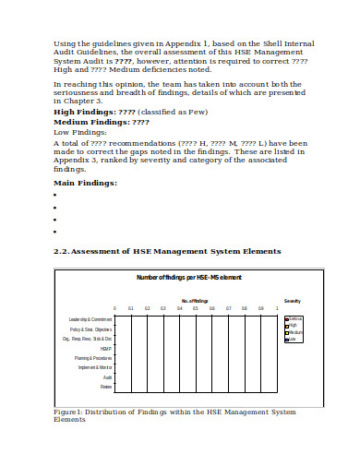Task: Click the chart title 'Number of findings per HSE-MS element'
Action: click(188, 278)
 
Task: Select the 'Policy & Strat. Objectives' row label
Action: click(91, 329)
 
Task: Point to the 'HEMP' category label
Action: click(106, 349)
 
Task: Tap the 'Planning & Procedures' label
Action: click(94, 358)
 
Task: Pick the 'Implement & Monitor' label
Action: click(95, 367)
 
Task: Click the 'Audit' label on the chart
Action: click(107, 376)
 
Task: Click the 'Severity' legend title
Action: click(293, 301)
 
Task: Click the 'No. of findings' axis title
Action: click(195, 300)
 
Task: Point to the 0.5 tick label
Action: click(196, 309)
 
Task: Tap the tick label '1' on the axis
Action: click(276, 309)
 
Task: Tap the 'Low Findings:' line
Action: click(78, 133)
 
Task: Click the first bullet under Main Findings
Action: click(56, 196)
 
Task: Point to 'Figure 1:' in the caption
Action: click(70, 412)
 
